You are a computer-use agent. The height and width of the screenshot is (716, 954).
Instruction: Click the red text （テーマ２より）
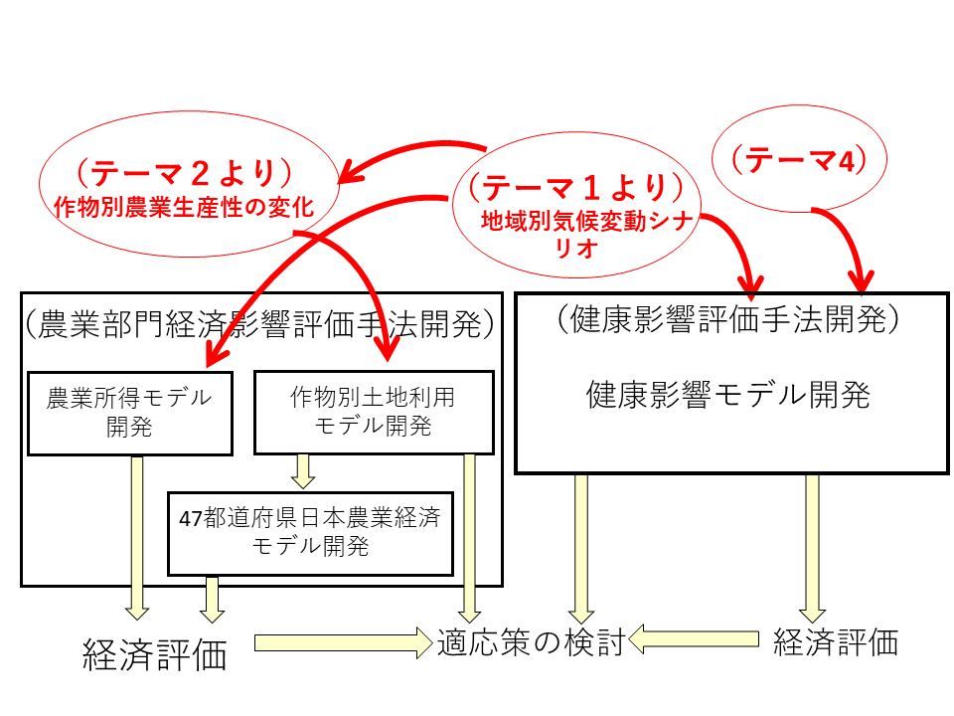click(x=186, y=173)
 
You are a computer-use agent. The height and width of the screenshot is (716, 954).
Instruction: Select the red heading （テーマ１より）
click(x=578, y=187)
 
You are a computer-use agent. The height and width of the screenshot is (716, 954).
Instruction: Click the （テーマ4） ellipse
click(x=801, y=159)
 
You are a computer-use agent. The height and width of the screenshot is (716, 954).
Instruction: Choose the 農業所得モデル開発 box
click(x=130, y=413)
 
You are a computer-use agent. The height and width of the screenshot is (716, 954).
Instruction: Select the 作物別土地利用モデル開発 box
click(x=374, y=413)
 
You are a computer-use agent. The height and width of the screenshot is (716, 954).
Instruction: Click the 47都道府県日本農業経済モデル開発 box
click(x=310, y=532)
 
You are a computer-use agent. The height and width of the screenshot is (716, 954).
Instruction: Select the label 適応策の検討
click(x=531, y=643)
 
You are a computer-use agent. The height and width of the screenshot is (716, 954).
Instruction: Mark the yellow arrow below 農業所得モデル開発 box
click(x=137, y=537)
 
